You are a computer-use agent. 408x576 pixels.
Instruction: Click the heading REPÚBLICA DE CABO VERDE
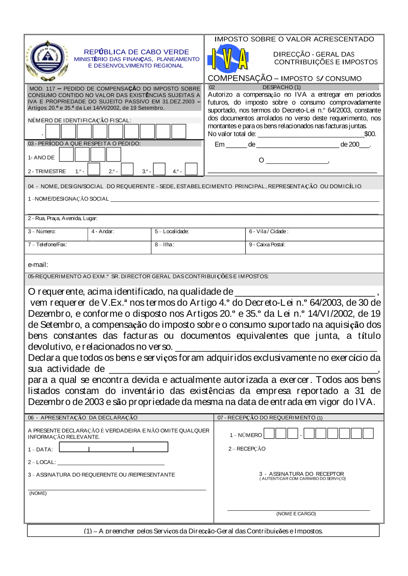[136, 52]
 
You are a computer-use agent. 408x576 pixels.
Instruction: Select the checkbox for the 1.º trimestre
[94, 169]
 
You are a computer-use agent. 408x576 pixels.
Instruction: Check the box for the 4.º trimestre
[191, 169]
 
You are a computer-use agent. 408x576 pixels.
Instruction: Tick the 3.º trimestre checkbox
[159, 169]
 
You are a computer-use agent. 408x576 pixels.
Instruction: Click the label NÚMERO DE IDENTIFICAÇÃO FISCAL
[80, 120]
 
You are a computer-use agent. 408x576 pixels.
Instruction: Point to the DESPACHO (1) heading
[282, 87]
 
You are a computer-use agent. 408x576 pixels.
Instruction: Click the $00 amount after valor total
[370, 134]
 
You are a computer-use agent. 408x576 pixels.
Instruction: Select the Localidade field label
[172, 232]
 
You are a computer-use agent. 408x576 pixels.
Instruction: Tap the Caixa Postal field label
[267, 245]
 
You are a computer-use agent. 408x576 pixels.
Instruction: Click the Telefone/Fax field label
[47, 245]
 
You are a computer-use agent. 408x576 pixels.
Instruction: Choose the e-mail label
[38, 265]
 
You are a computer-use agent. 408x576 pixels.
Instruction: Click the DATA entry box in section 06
[113, 447]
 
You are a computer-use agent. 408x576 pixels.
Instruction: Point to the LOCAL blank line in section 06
[111, 463]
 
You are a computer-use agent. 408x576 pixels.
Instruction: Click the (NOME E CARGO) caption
[296, 514]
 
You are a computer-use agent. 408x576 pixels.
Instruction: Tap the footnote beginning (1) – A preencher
[203, 531]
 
